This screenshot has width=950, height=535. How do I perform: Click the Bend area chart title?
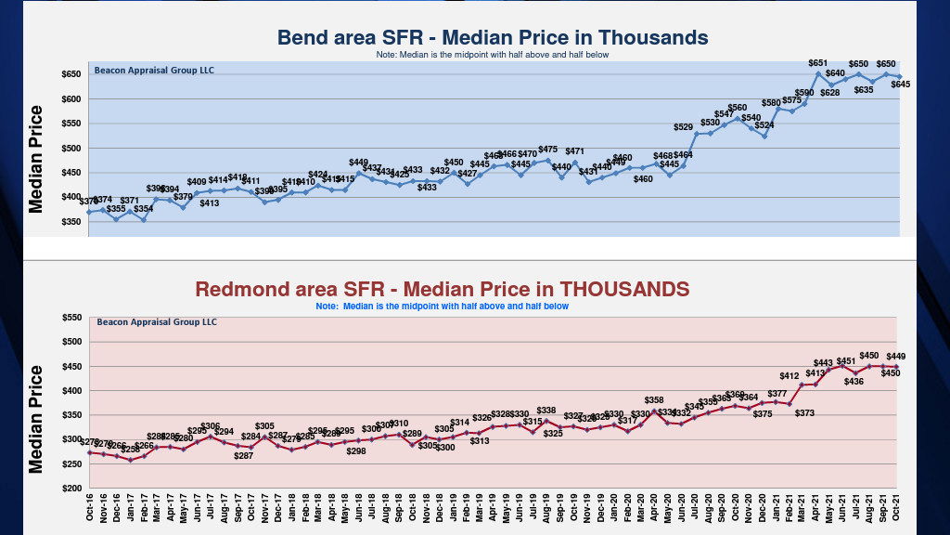493,38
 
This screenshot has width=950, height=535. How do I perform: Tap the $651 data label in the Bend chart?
817,63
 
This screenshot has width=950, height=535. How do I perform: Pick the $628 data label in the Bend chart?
829,92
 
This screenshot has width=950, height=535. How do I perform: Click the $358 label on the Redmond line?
654,400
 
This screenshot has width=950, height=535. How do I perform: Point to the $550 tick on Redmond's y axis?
71,318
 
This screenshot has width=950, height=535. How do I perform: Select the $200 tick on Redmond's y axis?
71,489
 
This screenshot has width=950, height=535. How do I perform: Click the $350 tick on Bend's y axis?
71,222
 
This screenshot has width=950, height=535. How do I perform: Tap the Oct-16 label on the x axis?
90,510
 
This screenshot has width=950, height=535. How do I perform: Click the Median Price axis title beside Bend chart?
36,159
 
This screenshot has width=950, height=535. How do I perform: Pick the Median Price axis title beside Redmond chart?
36,418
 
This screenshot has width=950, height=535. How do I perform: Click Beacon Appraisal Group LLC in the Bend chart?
154,70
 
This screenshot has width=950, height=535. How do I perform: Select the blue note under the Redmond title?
442,306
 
